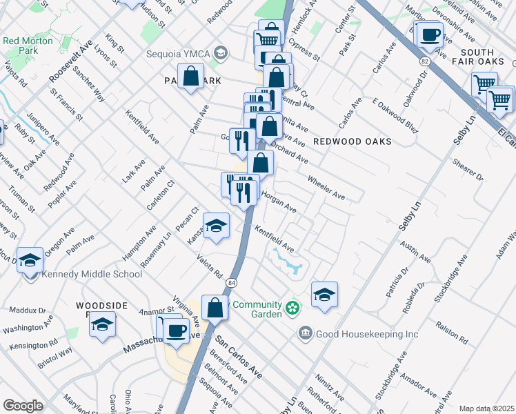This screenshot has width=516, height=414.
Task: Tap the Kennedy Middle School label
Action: point(92,274)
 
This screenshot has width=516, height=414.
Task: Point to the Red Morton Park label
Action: point(29,46)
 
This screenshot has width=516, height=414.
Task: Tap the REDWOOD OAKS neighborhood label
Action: point(352,141)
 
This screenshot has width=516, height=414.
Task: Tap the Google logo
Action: point(23,406)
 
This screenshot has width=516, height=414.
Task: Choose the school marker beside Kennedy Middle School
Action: point(30,260)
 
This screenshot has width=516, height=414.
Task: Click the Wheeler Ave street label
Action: point(326,187)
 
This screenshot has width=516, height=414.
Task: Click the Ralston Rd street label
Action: point(452,332)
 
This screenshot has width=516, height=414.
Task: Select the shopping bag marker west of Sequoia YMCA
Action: point(191,77)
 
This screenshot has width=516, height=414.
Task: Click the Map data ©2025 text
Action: point(486,408)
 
